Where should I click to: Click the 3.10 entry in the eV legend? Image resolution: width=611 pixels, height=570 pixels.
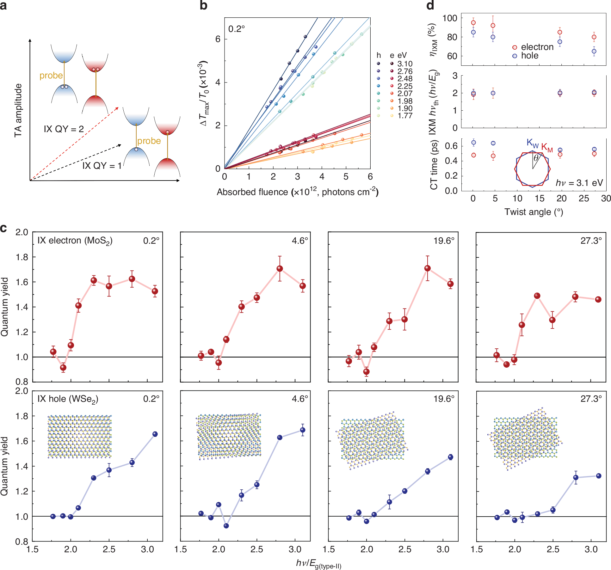pos(405,64)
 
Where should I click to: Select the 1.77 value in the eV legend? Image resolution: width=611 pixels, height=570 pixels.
pos(405,116)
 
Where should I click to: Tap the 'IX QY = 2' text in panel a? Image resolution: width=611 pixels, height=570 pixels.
pos(64,129)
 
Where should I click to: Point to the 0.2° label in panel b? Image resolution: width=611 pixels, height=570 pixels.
pos(237,29)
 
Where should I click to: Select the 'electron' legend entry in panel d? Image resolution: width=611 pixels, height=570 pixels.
pos(537,47)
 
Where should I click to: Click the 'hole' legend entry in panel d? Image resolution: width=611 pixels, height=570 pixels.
pos(530,56)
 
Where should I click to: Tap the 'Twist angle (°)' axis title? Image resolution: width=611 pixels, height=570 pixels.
pos(534,212)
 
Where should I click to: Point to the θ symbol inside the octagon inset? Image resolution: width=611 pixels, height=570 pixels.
pos(536,158)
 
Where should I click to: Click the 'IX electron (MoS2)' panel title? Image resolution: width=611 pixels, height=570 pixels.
pos(75,241)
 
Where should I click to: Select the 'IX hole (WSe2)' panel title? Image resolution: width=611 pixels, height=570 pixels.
pos(68,399)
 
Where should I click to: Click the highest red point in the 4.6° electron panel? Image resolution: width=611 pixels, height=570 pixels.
pos(280,269)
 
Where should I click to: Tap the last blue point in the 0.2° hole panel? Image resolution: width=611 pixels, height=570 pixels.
pos(155,434)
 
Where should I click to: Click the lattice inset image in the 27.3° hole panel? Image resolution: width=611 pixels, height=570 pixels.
pos(525,438)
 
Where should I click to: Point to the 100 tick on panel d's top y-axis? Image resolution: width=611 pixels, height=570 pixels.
pos(450,18)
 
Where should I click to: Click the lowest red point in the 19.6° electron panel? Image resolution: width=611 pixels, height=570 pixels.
pos(366,372)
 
